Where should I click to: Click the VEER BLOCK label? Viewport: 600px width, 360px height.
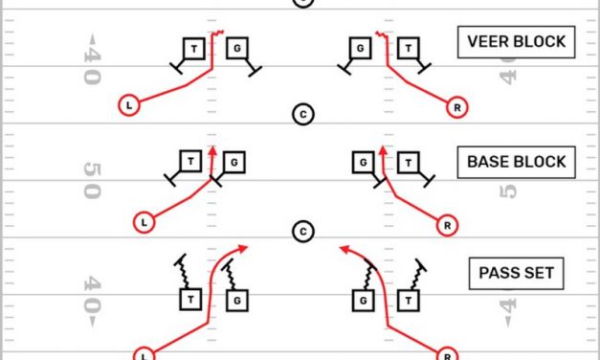tap(516, 42)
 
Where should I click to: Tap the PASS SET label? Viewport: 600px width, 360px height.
tap(516, 274)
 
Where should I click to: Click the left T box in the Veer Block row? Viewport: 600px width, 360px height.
tap(194, 48)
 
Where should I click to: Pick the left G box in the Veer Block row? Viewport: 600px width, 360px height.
tap(236, 48)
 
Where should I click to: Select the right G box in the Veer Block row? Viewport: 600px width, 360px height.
tap(360, 48)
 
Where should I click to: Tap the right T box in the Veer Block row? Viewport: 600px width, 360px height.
tap(410, 48)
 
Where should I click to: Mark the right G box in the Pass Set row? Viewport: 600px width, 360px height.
tap(364, 301)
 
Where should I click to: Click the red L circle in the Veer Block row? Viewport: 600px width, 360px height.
tap(129, 104)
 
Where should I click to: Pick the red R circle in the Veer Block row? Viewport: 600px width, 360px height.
tap(459, 108)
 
